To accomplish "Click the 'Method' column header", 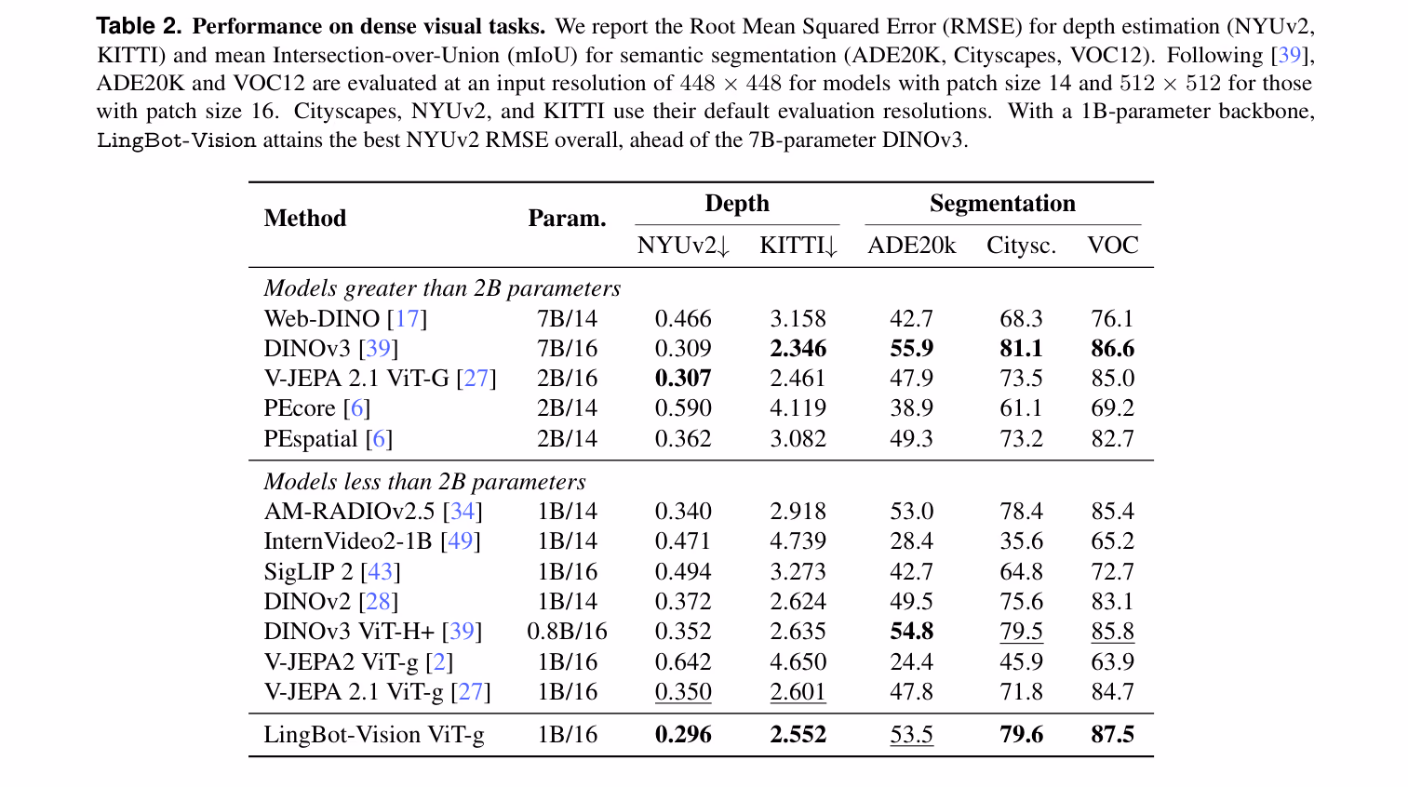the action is (305, 218).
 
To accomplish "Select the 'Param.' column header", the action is (567, 218).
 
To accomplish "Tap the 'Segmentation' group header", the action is (1002, 204).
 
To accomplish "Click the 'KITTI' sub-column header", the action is (798, 245).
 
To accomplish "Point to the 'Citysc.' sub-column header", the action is (1021, 245).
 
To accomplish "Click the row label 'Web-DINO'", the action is (321, 318).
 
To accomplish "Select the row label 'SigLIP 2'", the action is (308, 571).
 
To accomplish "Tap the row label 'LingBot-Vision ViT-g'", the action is (374, 734).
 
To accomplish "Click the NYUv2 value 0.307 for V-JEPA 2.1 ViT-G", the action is (683, 378).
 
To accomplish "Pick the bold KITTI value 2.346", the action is (798, 349).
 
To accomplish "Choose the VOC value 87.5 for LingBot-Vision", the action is (1113, 734).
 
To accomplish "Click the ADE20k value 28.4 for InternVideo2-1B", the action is (911, 540).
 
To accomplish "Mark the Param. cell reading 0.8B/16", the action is (567, 632).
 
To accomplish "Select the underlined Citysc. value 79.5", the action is (1022, 632).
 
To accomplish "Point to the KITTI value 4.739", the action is (798, 540).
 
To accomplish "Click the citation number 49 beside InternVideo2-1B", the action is (460, 540).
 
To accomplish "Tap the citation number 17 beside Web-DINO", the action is (408, 318).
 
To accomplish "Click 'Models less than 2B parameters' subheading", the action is (425, 482).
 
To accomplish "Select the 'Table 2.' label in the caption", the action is (139, 26).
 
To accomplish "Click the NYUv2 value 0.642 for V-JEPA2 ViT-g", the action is (683, 661).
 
